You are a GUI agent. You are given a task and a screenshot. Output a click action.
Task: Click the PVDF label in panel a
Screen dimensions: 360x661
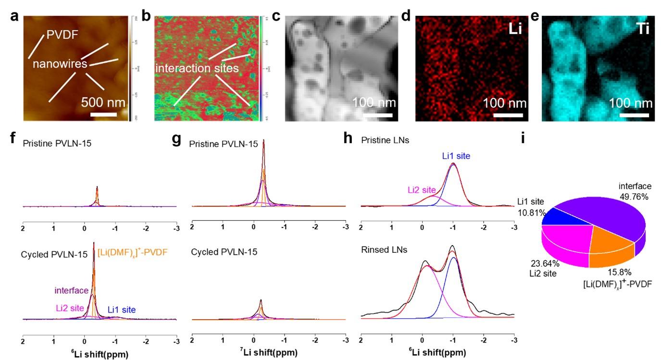62,35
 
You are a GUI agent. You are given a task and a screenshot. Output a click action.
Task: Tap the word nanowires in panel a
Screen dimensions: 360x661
61,63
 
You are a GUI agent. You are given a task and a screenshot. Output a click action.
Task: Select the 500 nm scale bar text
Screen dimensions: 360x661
103,102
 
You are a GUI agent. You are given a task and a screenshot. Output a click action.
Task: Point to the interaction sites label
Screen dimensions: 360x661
197,68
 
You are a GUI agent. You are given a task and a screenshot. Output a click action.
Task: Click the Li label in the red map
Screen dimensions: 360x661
515,29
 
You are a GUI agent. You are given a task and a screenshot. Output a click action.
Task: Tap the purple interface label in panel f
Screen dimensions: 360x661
71,290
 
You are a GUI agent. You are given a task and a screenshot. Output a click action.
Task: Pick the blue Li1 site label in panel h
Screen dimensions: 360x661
456,156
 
